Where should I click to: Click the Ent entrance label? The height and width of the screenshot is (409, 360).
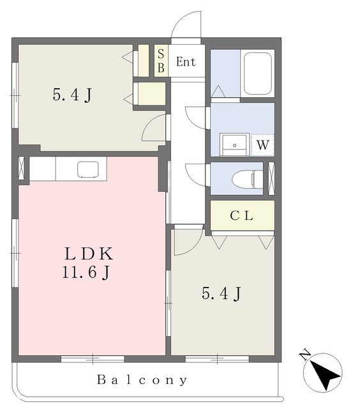pos(186,62)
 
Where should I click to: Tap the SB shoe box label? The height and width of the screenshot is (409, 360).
pos(161,61)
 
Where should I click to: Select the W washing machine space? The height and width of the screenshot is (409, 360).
pos(262,145)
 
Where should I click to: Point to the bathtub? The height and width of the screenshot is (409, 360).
pos(258,73)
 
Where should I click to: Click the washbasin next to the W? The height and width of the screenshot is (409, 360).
pos(234,144)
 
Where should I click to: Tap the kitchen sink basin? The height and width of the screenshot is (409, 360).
pos(88,169)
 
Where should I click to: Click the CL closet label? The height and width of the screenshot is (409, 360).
pos(241,216)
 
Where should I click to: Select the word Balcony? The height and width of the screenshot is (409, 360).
pos(142,380)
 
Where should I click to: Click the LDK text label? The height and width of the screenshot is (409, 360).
pos(89,254)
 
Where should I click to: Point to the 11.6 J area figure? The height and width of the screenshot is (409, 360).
pos(86,273)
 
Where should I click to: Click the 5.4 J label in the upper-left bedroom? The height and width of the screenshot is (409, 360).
pos(72,95)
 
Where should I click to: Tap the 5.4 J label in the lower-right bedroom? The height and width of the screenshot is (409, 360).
pos(221,294)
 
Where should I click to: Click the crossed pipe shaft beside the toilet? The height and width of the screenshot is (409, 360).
pos(271,178)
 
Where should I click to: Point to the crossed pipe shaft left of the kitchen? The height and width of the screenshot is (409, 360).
pos(21,168)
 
